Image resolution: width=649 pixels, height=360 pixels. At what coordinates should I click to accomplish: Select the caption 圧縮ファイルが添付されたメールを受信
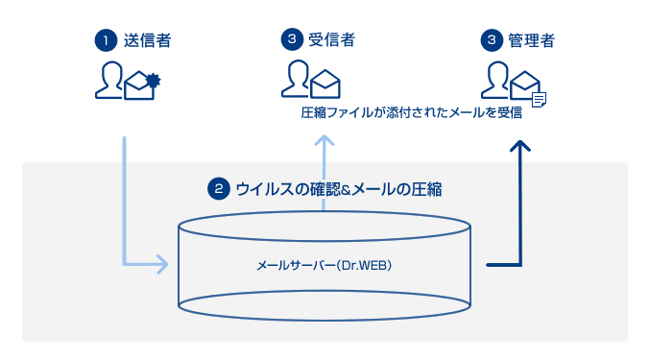pyautogui.click(x=411, y=113)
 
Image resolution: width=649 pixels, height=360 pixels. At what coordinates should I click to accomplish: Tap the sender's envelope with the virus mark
pyautogui.click(x=140, y=85)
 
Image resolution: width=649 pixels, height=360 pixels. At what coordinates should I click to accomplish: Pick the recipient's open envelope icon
pyautogui.click(x=325, y=84)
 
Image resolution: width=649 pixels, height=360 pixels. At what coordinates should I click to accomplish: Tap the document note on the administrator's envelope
pyautogui.click(x=540, y=97)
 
